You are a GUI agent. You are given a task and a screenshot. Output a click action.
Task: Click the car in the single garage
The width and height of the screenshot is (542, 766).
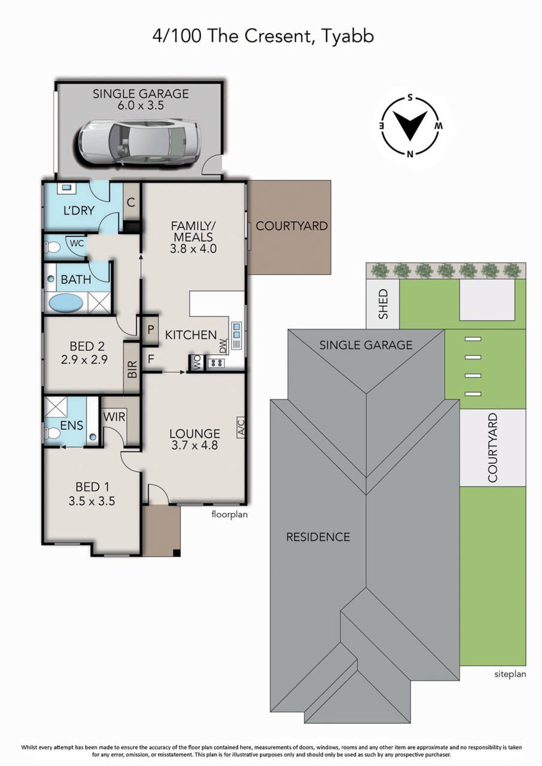click(140, 142)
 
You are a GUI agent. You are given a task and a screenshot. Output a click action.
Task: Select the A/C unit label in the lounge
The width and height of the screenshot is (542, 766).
click(241, 427)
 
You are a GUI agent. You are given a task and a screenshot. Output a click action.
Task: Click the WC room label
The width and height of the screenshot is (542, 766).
click(77, 243)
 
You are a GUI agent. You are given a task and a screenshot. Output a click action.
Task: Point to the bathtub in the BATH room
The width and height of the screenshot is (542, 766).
click(66, 303)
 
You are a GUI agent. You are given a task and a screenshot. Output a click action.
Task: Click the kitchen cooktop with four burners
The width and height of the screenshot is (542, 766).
click(216, 363)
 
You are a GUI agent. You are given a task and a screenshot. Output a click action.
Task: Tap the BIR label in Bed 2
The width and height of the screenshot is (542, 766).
click(132, 369)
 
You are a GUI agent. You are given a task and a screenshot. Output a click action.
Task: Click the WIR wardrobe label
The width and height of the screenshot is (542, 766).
click(114, 417)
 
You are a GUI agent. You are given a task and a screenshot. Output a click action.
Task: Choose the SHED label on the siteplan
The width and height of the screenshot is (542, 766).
click(383, 304)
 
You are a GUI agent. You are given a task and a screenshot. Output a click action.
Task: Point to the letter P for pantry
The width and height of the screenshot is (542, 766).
click(151, 330)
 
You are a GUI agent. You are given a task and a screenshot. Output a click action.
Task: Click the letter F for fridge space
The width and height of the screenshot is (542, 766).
click(151, 359)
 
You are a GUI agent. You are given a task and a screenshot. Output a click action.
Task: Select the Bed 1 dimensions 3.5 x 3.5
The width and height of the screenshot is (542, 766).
click(92, 501)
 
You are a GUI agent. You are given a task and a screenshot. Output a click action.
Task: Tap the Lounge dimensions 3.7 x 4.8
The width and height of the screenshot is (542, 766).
click(195, 445)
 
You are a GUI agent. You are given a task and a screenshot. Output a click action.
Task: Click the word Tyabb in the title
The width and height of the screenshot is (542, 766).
click(348, 36)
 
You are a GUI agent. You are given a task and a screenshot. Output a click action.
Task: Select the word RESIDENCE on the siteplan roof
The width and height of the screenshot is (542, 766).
click(318, 537)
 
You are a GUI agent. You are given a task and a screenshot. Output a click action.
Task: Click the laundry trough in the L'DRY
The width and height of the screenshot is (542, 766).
click(67, 188)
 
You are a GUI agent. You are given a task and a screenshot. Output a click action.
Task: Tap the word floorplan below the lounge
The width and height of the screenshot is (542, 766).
click(229, 515)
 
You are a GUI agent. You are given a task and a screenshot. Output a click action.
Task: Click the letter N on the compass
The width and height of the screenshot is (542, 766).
click(410, 154)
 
